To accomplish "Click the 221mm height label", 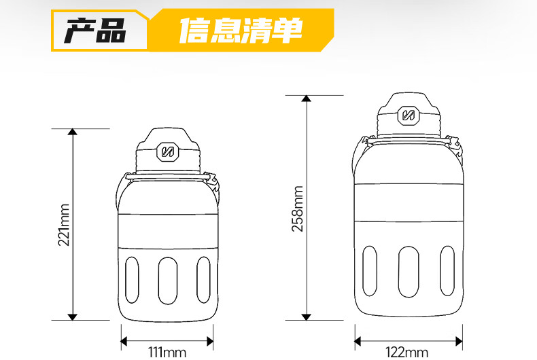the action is pyautogui.click(x=64, y=225).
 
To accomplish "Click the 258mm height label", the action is pyautogui.click(x=298, y=209).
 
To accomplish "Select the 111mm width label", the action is pyautogui.click(x=167, y=352).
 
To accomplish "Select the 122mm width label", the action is pyautogui.click(x=407, y=352).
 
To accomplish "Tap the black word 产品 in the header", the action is pyautogui.click(x=95, y=31).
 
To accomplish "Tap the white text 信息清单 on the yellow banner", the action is pyautogui.click(x=241, y=30).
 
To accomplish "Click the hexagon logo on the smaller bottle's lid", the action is pyautogui.click(x=167, y=151).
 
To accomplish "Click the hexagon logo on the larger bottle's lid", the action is pyautogui.click(x=409, y=115).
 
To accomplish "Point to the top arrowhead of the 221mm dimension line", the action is pyautogui.click(x=73, y=132).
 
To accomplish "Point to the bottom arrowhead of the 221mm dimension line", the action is pyautogui.click(x=73, y=317).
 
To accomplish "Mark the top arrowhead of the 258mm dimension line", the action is pyautogui.click(x=307, y=98).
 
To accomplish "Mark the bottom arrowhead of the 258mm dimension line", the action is pyautogui.click(x=307, y=317).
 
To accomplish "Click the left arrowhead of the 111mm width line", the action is pyautogui.click(x=124, y=341).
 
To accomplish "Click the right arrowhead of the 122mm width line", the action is pyautogui.click(x=459, y=341).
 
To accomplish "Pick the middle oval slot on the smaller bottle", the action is pyautogui.click(x=168, y=281).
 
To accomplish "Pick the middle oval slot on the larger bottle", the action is pyautogui.click(x=409, y=272).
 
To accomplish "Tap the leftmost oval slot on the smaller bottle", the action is pyautogui.click(x=132, y=281).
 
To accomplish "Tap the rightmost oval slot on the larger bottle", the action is pyautogui.click(x=447, y=271).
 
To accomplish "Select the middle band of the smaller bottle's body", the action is pyautogui.click(x=168, y=232).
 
